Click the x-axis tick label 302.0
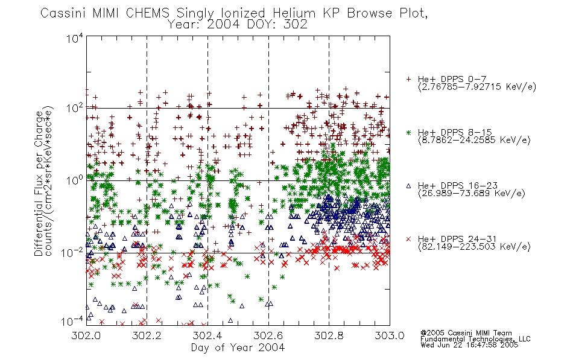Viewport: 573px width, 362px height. click(86, 335)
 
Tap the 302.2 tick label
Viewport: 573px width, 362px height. click(147, 335)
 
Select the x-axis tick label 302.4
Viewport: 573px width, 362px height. click(207, 335)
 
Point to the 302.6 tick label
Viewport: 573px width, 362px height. click(268, 335)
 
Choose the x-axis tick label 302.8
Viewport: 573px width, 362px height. click(329, 335)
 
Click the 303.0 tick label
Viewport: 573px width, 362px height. click(390, 335)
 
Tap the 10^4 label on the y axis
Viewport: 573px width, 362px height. click(75, 38)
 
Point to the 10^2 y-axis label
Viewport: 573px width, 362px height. click(75, 109)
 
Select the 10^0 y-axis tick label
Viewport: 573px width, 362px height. click(75, 180)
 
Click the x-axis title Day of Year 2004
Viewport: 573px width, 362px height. click(238, 348)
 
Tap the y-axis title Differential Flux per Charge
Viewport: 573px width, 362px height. click(39, 183)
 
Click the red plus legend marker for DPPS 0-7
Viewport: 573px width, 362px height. click(409, 79)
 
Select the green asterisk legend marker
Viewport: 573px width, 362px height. click(409, 132)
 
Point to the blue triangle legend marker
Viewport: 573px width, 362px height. click(409, 186)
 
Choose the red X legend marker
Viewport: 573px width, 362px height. click(409, 239)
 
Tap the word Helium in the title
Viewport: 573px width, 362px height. click(294, 13)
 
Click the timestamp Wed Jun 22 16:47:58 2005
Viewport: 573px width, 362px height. click(469, 345)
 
